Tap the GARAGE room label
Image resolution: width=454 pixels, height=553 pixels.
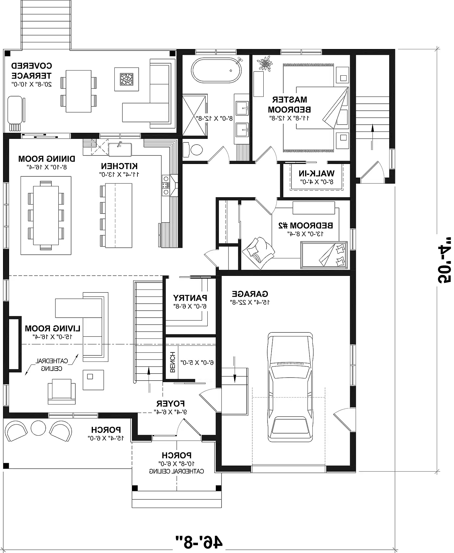[250, 294]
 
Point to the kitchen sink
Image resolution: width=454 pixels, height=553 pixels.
[120, 149]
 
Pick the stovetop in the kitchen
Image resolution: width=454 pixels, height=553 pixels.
[166, 185]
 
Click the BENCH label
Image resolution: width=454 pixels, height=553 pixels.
[173, 362]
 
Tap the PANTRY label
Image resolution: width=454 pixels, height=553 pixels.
[190, 298]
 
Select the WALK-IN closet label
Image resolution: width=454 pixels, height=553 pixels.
[316, 174]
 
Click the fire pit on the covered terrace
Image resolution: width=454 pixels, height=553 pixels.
[127, 79]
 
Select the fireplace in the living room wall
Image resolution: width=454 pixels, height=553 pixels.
[14, 343]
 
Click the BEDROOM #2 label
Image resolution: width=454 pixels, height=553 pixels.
[306, 226]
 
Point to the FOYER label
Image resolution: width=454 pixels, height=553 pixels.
[171, 404]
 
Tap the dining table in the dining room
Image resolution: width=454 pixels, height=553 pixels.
[46, 215]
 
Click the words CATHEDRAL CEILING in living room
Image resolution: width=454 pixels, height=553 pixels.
[52, 365]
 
